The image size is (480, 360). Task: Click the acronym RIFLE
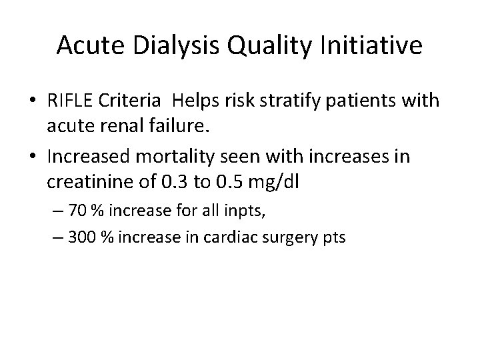click(x=70, y=101)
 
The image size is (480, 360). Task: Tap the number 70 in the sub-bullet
click(x=77, y=213)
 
